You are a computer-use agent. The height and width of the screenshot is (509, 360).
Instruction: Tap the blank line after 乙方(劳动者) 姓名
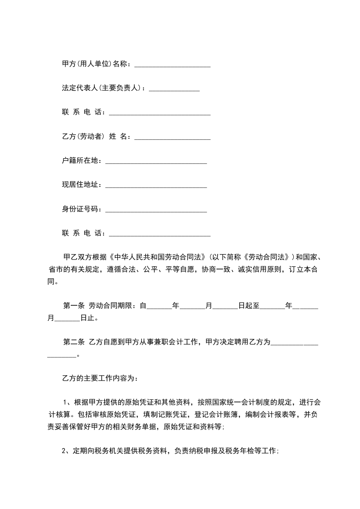pyautogui.click(x=173, y=137)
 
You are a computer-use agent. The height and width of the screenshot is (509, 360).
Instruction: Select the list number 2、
pyautogui.click(x=65, y=451)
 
